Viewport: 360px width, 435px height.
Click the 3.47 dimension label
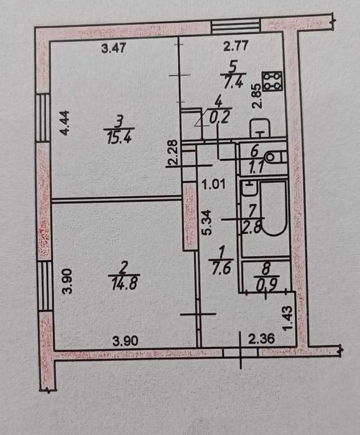tap(114, 49)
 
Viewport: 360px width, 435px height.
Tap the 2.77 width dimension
tap(236, 46)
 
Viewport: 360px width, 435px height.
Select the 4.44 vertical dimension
tap(65, 123)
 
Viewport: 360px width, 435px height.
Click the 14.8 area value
tap(124, 284)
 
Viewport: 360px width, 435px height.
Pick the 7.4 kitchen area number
tap(233, 82)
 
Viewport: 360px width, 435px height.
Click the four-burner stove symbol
tap(272, 81)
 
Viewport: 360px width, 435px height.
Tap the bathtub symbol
tap(274, 208)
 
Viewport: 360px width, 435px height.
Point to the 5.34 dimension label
tap(206, 223)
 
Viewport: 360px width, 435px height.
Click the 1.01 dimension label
tap(215, 185)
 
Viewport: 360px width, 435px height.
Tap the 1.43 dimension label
tap(288, 318)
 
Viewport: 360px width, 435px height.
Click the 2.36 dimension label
tap(261, 339)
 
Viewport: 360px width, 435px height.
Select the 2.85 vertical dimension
tap(257, 96)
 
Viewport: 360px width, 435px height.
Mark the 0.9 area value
tap(267, 286)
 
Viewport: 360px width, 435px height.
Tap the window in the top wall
tap(236, 26)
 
